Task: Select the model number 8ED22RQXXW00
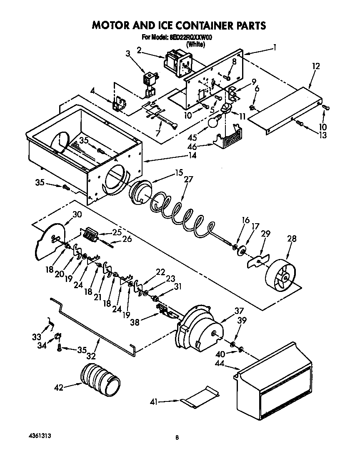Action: (192, 37)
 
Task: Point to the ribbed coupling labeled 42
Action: (100, 378)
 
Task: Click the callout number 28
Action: (292, 239)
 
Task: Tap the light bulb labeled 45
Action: (213, 122)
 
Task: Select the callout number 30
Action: (77, 215)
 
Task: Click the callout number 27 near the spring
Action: (189, 180)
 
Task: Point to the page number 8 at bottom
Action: (177, 437)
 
